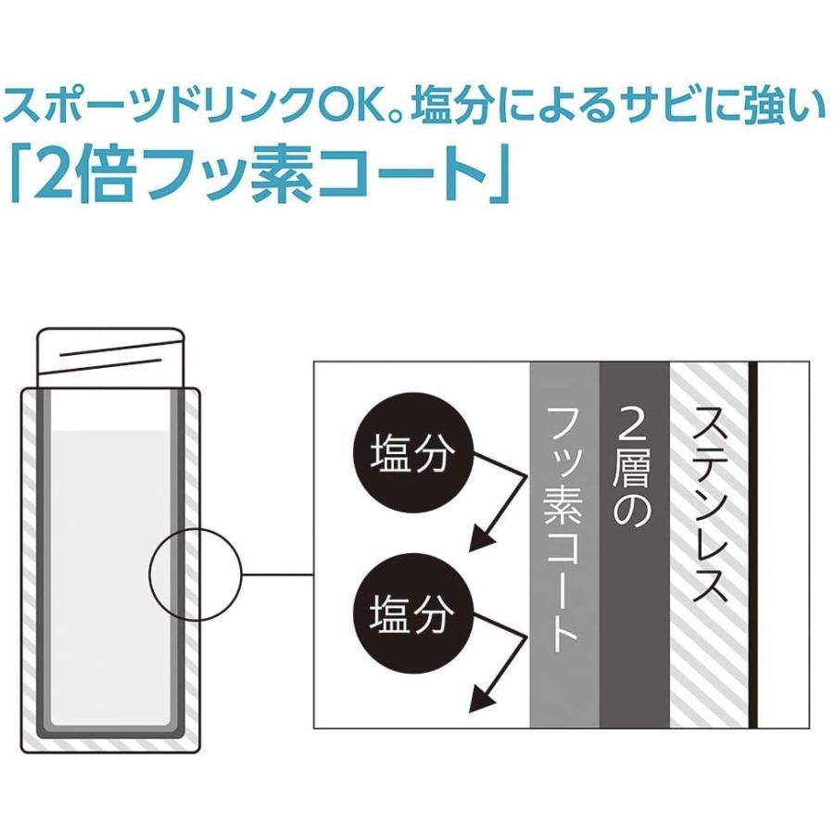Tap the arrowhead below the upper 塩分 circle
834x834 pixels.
(x=481, y=538)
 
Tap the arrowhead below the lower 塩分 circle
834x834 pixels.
(x=481, y=697)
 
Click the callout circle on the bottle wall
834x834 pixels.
(x=195, y=575)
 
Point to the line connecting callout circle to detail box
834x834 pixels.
(x=278, y=575)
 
